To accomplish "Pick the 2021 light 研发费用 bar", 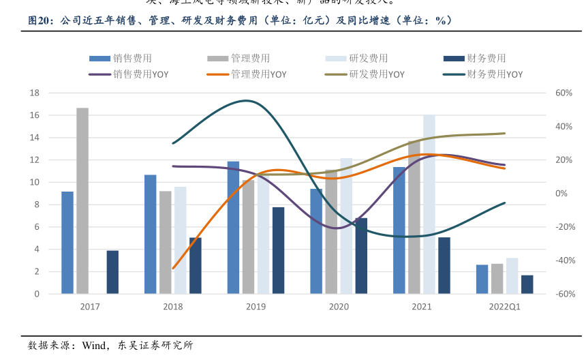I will (x=429, y=204).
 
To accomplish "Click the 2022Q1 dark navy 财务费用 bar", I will (x=527, y=284).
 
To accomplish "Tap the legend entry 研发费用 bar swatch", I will (x=337, y=59).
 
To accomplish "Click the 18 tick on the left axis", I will (x=34, y=93).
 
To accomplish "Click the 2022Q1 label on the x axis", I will (x=504, y=307).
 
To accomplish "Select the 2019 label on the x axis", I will (x=256, y=307).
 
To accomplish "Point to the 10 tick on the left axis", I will (x=34, y=182).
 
